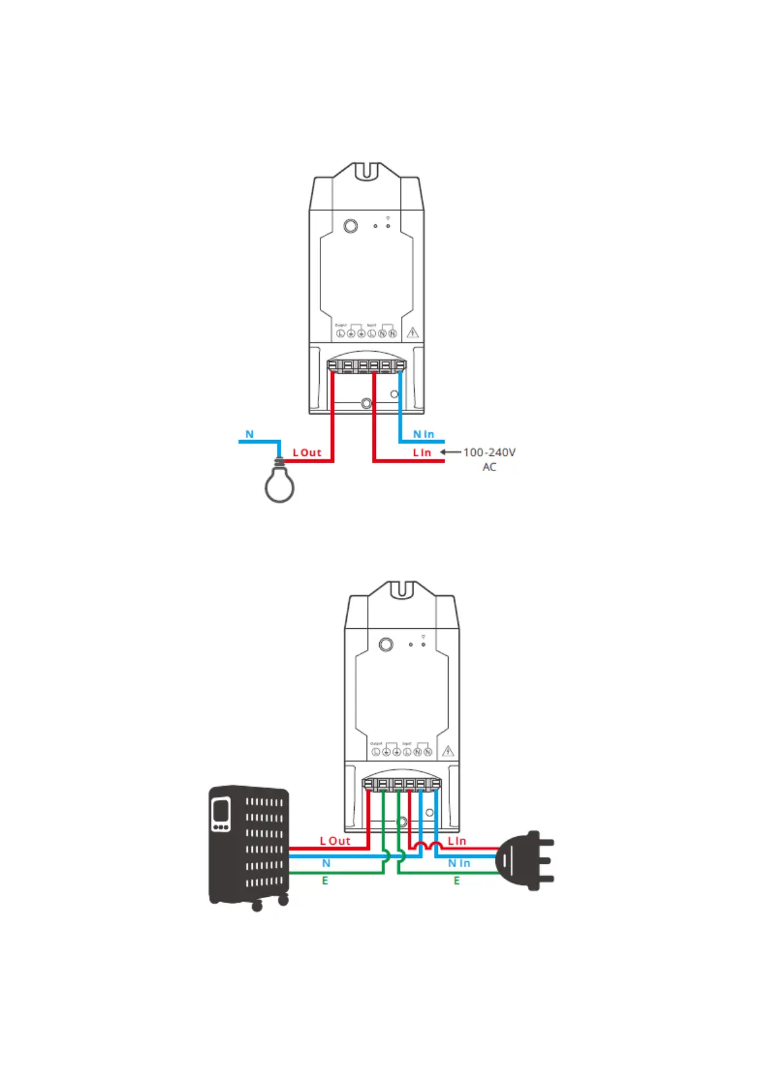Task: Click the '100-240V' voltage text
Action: (489, 452)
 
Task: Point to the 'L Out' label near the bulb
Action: (307, 453)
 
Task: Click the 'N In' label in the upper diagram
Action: (424, 435)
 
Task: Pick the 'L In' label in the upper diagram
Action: (422, 453)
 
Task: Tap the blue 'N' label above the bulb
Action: (250, 435)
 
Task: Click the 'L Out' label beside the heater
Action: (335, 841)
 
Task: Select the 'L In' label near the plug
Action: (457, 841)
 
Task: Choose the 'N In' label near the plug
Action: (459, 863)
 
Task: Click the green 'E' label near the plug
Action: (457, 881)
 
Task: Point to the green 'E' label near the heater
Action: (325, 881)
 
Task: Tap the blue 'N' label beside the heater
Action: (326, 863)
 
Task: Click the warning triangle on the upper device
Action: (413, 332)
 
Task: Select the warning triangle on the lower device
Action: (448, 751)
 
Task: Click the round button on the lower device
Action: (386, 644)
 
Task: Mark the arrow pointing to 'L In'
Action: (450, 452)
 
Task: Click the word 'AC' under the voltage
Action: (489, 467)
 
